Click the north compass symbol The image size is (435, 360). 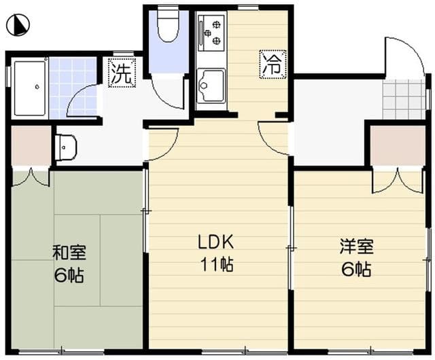pos(18,26)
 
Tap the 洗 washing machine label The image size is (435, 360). pos(120,73)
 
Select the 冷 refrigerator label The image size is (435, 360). pos(272,64)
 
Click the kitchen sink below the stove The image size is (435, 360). pos(210,86)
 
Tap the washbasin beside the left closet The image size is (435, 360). pos(65,145)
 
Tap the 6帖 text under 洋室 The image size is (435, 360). pos(356,268)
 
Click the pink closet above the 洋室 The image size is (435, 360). pos(398,145)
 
